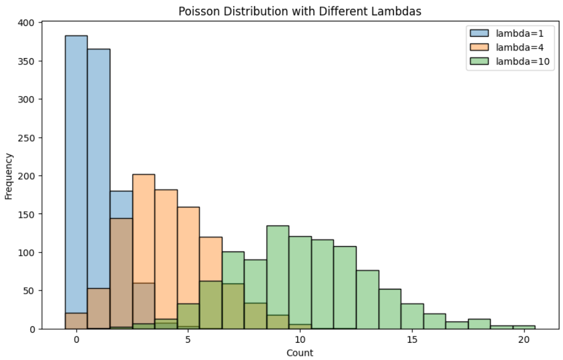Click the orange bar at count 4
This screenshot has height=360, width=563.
click(166, 249)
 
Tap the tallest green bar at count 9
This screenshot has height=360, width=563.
click(278, 273)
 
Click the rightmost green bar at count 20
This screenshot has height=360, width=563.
click(524, 327)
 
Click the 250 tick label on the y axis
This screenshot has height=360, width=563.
click(28, 138)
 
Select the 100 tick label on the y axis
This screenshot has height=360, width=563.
click(28, 253)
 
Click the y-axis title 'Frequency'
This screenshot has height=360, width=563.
click(9, 176)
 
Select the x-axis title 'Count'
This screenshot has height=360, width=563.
click(300, 353)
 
